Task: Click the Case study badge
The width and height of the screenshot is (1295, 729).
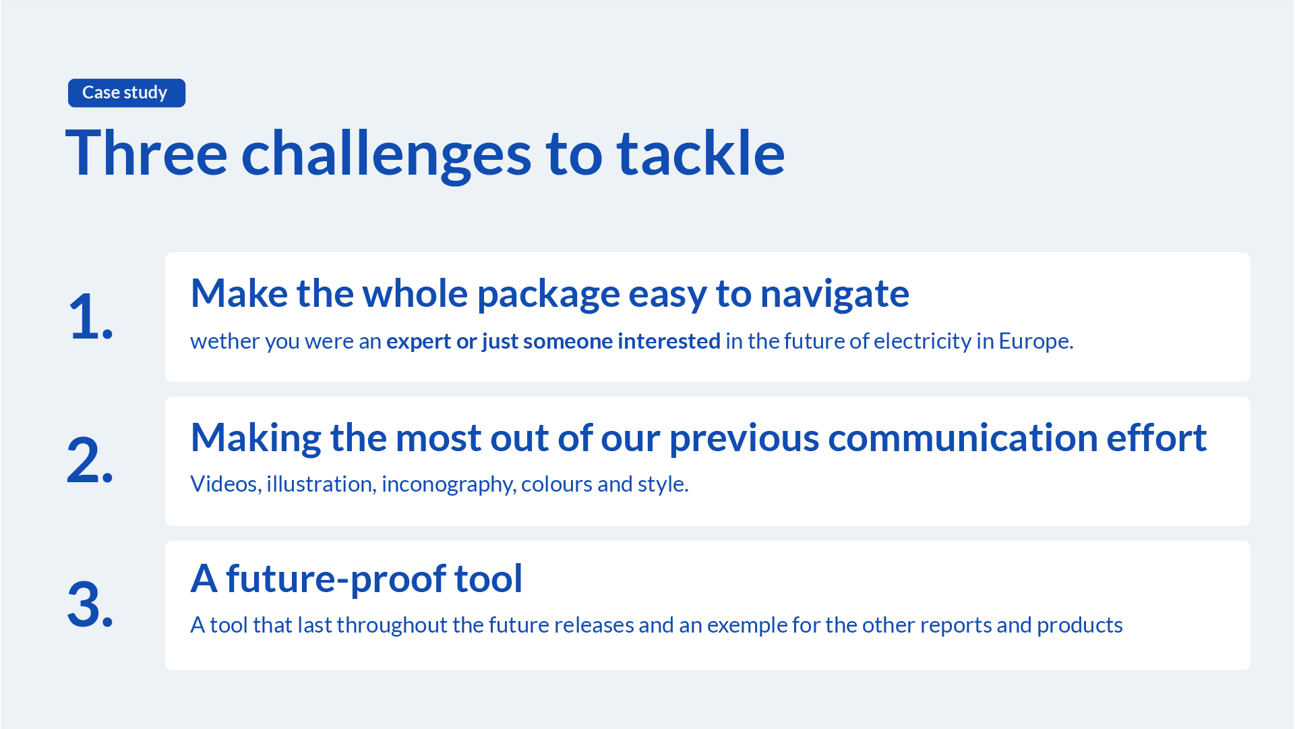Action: [x=127, y=92]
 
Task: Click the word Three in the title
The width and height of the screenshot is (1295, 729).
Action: [x=146, y=153]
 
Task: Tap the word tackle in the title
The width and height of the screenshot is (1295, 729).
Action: [x=701, y=153]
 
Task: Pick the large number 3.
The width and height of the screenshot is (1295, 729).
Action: [x=90, y=604]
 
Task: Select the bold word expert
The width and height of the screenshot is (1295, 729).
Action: [x=419, y=342]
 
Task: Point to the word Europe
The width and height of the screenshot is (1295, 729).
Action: [x=1035, y=341]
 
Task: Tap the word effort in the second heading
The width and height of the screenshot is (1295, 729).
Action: [x=1156, y=438]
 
